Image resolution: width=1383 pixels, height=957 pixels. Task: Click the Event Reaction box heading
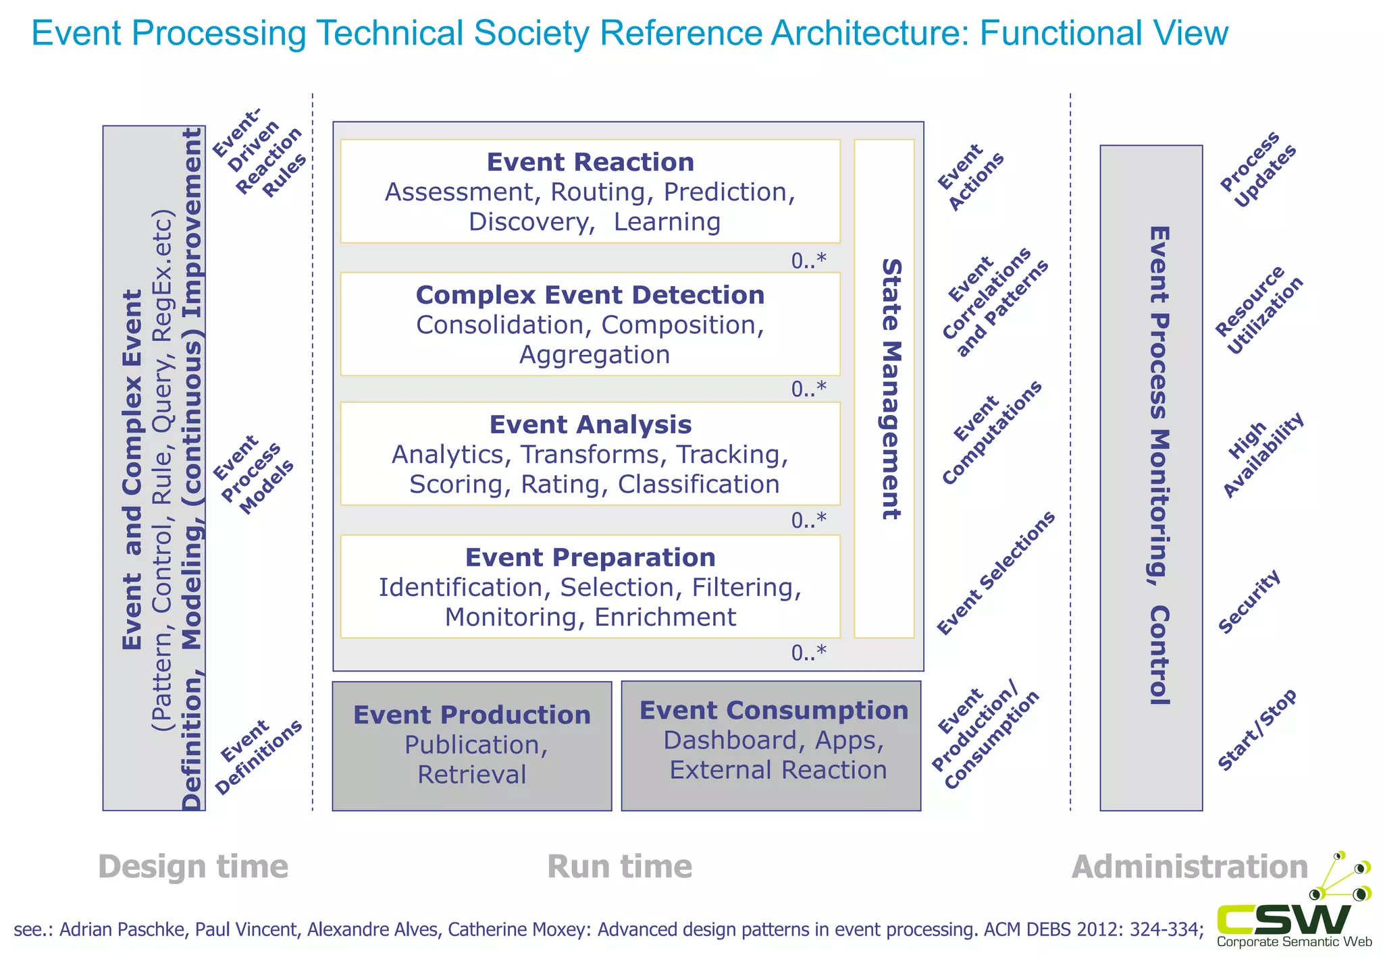(x=590, y=163)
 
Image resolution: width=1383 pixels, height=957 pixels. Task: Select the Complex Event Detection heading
(x=590, y=296)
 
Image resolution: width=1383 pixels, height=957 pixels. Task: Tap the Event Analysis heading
(x=590, y=425)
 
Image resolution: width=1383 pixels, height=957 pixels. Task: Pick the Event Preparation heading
(x=590, y=558)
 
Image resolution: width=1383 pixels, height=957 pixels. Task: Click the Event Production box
(x=471, y=746)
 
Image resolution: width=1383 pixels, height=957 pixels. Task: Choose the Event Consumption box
(x=771, y=746)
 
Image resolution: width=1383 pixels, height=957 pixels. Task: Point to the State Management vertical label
(x=891, y=389)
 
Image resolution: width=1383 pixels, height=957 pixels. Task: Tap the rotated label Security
(x=1249, y=601)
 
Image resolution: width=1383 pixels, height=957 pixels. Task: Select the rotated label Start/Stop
(x=1257, y=730)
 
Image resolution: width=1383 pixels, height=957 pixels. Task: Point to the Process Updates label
(x=1258, y=169)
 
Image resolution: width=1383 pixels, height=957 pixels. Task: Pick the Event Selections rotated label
(x=995, y=574)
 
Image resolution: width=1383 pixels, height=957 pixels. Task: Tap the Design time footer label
(x=193, y=867)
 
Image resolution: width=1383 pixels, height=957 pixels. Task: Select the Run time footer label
(x=619, y=867)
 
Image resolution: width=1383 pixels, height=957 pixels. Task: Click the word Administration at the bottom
(x=1190, y=867)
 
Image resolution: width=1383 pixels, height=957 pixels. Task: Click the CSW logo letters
(x=1284, y=919)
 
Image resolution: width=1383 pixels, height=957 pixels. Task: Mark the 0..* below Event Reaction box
(x=808, y=261)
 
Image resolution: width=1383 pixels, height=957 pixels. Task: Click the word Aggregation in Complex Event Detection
(x=594, y=355)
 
